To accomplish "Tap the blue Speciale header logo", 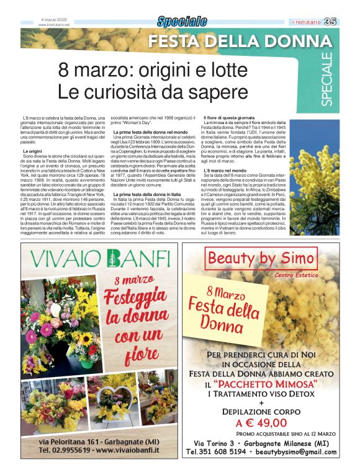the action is point(181,22).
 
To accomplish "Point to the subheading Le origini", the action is point(32,151).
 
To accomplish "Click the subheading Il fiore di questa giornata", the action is point(228,118).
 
